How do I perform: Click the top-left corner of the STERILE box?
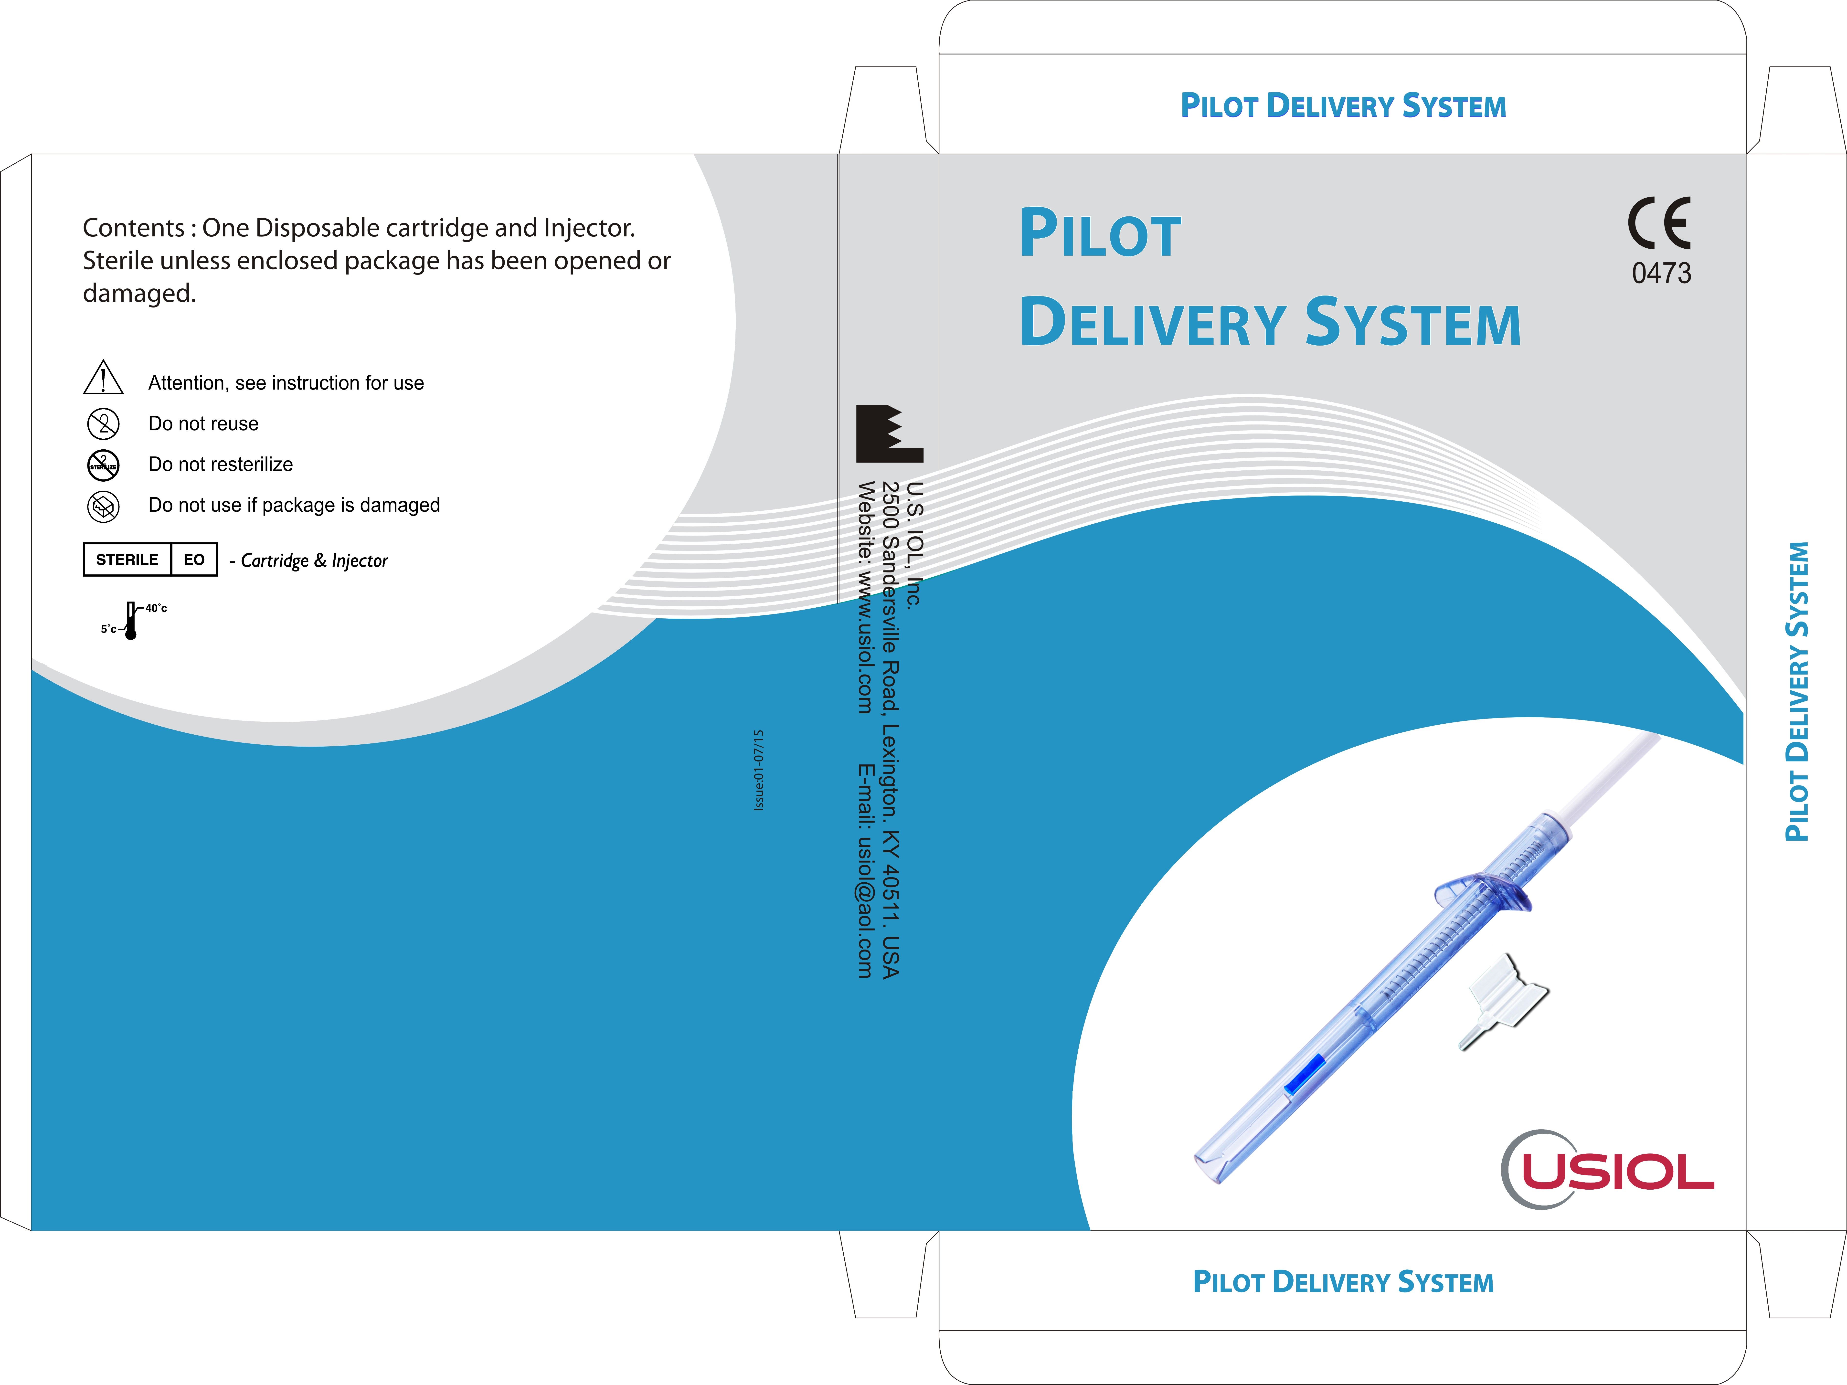(x=84, y=543)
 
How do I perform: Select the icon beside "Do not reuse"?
(x=104, y=423)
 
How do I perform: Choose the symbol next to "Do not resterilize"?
(x=104, y=464)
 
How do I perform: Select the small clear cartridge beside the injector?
(x=1503, y=1000)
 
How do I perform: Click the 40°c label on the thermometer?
(x=156, y=608)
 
